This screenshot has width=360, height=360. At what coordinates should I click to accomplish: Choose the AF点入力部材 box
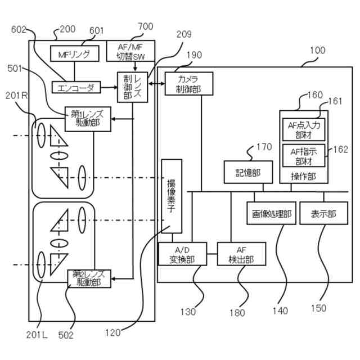click(x=304, y=129)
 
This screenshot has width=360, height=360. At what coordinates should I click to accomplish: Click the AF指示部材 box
click(x=304, y=155)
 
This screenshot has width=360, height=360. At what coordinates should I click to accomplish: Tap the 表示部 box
click(x=323, y=214)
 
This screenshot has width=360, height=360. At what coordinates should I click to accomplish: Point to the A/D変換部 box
click(x=182, y=254)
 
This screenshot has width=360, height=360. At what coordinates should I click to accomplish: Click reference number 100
click(x=318, y=50)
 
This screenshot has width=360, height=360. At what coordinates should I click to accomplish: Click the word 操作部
click(x=304, y=175)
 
